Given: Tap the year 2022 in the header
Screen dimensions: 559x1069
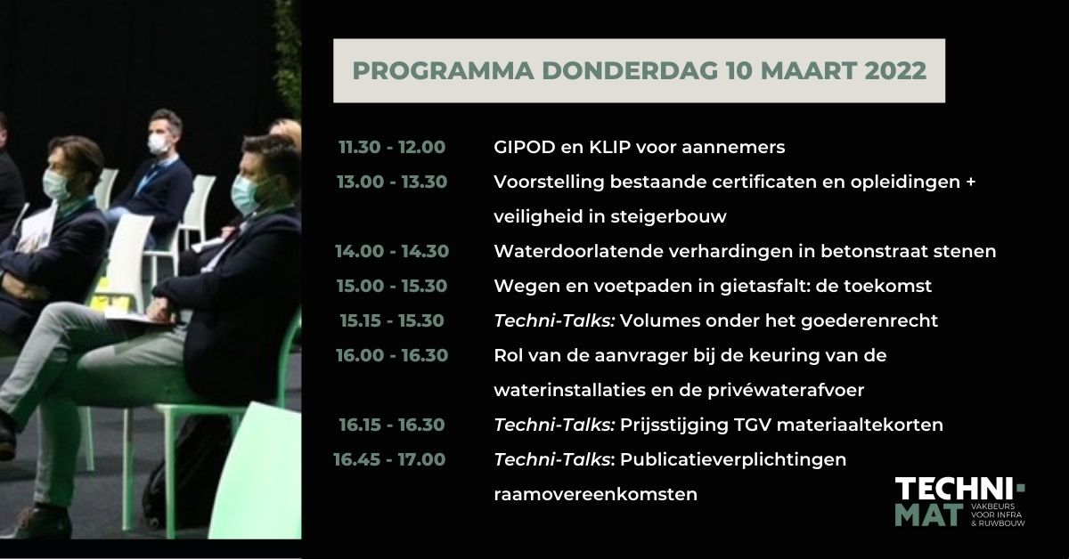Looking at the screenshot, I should click(894, 71).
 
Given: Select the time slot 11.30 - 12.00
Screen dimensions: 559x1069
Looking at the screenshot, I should click(392, 146).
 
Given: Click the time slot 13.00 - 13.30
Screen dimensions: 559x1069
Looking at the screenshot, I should click(392, 182).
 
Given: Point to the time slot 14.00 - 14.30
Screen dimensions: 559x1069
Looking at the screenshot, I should click(392, 251).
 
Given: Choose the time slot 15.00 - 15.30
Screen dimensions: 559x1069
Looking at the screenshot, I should click(392, 286).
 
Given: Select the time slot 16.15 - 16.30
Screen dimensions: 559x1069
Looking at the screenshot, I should click(392, 425).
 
